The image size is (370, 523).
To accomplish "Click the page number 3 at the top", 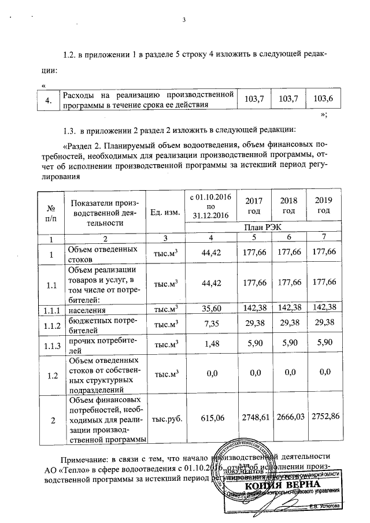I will coord(184,21).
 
